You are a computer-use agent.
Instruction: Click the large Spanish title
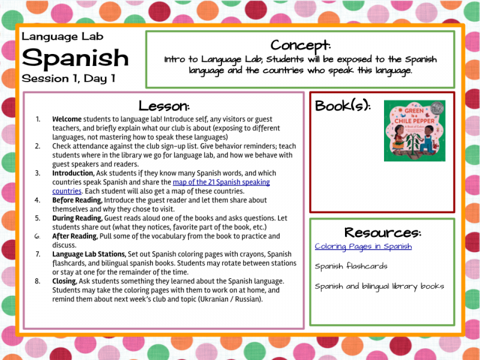coord(75,58)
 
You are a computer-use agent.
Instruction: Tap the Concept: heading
coord(300,45)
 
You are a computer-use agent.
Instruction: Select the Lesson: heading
coord(164,106)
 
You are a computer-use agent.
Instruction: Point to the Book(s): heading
coord(343,106)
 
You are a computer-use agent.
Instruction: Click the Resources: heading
coord(382,232)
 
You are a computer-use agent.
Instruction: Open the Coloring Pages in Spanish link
coord(363,247)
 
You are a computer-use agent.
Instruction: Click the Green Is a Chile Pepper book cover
coord(414,131)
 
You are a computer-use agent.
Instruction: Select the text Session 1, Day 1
coord(68,79)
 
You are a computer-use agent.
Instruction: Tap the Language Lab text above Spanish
coord(62,36)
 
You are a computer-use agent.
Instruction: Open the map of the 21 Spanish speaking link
coord(221,182)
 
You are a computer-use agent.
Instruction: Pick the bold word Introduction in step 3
coord(73,173)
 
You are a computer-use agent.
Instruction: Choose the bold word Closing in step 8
coord(64,281)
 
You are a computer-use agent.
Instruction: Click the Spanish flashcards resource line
coord(351,266)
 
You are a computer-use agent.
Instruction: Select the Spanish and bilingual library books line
coord(379,286)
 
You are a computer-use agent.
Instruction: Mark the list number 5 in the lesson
coord(38,218)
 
